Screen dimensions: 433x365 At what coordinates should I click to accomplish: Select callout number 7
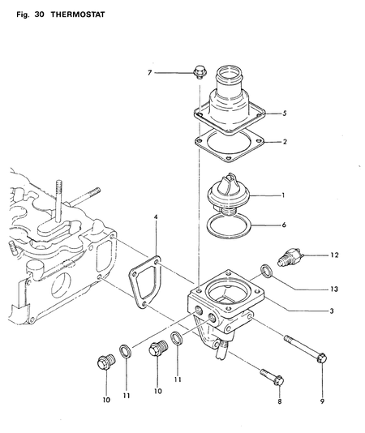149,72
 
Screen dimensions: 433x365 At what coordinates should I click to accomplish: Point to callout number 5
283,114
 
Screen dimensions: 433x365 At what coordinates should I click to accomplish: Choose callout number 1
282,195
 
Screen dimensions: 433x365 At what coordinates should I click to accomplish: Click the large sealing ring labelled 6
227,225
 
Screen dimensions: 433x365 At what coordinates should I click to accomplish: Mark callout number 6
283,225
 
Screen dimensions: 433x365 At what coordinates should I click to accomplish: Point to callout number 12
334,255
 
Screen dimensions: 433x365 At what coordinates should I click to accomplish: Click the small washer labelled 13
265,271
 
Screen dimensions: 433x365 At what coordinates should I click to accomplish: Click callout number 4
156,217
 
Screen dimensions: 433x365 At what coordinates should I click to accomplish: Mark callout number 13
333,289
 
